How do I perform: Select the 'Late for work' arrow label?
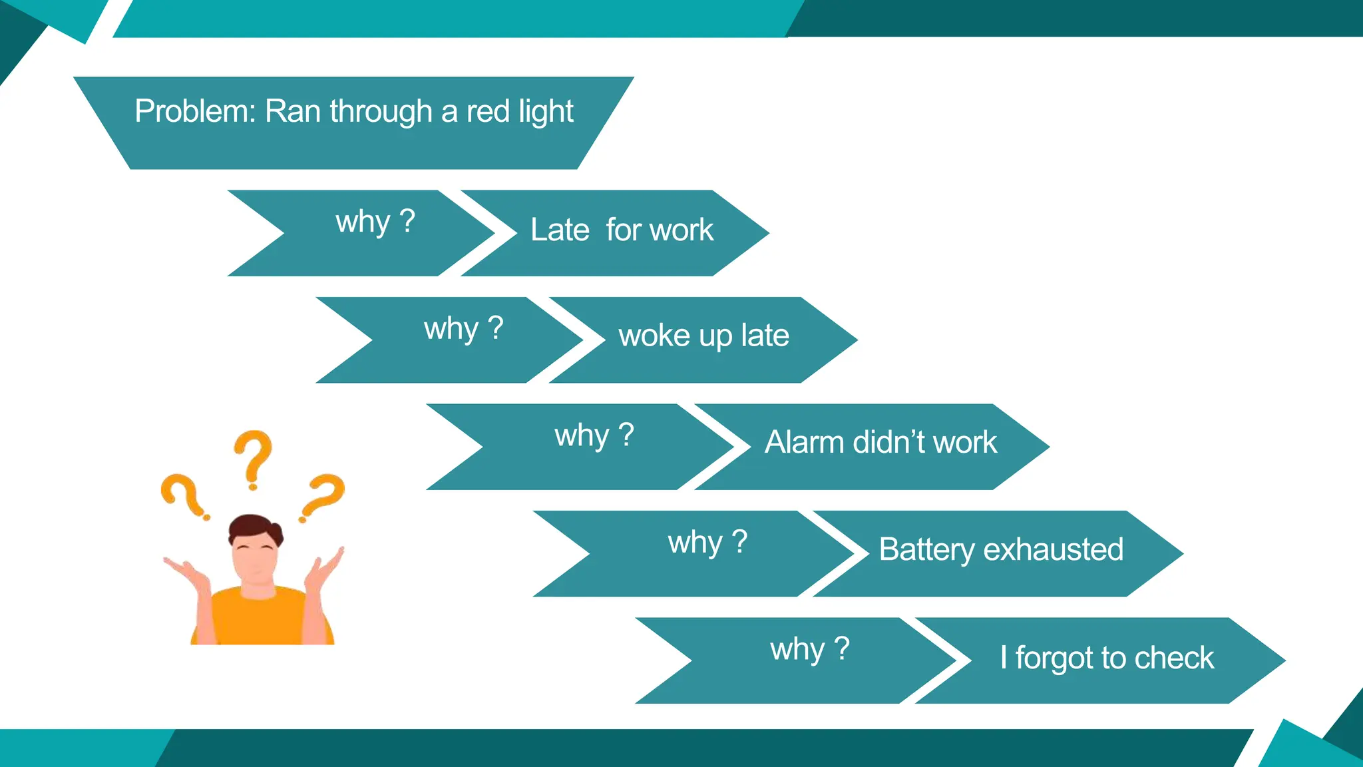tap(622, 230)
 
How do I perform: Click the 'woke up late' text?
tap(703, 336)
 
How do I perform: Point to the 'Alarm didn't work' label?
tap(880, 443)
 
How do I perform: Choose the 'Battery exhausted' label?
tap(1001, 550)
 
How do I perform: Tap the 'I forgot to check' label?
tap(1107, 658)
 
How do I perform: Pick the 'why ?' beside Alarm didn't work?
tap(594, 436)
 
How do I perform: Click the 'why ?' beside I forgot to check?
tap(810, 650)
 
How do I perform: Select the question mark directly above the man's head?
tap(253, 457)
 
